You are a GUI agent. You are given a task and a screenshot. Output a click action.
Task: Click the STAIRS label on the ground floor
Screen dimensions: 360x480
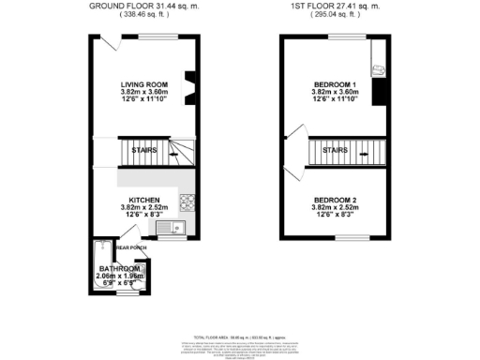tap(143, 149)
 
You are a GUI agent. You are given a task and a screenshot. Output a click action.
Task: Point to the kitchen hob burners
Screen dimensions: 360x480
tap(187, 200)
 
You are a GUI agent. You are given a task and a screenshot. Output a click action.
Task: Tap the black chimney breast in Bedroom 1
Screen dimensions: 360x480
tap(378, 92)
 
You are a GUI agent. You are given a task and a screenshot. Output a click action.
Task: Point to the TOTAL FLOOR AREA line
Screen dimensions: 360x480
tap(241, 336)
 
